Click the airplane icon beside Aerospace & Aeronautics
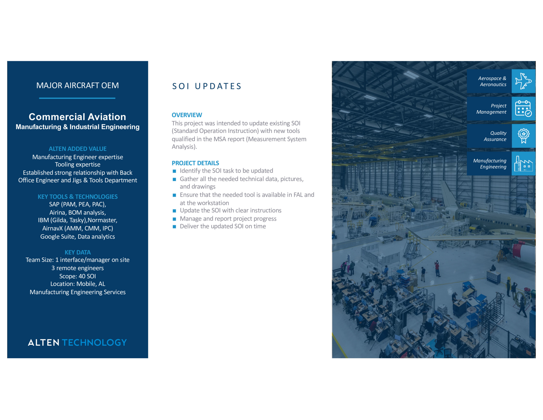click(x=523, y=81)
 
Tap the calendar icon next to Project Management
click(x=523, y=109)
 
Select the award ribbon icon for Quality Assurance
click(x=523, y=136)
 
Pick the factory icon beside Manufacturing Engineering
click(x=523, y=164)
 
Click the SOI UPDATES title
click(x=207, y=86)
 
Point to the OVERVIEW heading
click(x=187, y=115)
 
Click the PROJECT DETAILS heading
click(x=195, y=163)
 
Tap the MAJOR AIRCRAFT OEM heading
click(x=77, y=85)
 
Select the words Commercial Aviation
click(x=77, y=117)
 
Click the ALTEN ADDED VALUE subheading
click(x=77, y=149)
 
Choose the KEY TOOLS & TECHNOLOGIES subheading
click(x=77, y=197)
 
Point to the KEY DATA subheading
click(x=77, y=252)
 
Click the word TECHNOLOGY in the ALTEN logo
click(x=94, y=343)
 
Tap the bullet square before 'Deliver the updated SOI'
click(x=174, y=227)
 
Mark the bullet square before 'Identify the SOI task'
click(x=174, y=171)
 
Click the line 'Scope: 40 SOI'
click(x=77, y=276)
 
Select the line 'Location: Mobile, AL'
click(x=77, y=284)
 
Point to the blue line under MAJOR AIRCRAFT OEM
click(x=77, y=98)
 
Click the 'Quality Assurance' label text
click(x=495, y=136)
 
